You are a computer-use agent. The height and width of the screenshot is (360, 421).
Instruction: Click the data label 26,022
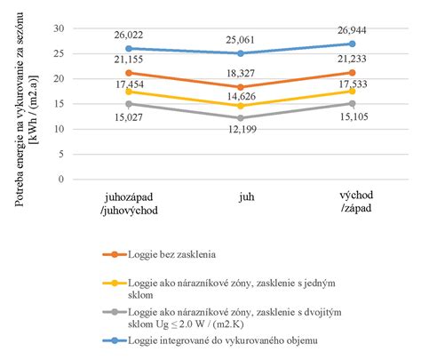(x=129, y=35)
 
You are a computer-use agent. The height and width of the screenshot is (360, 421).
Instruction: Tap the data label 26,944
(x=353, y=30)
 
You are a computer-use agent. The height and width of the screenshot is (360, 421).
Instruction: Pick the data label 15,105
(x=353, y=115)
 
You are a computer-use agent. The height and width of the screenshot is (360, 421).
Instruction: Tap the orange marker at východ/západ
(x=353, y=73)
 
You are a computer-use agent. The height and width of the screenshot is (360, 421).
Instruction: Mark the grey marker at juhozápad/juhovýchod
(x=129, y=104)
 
